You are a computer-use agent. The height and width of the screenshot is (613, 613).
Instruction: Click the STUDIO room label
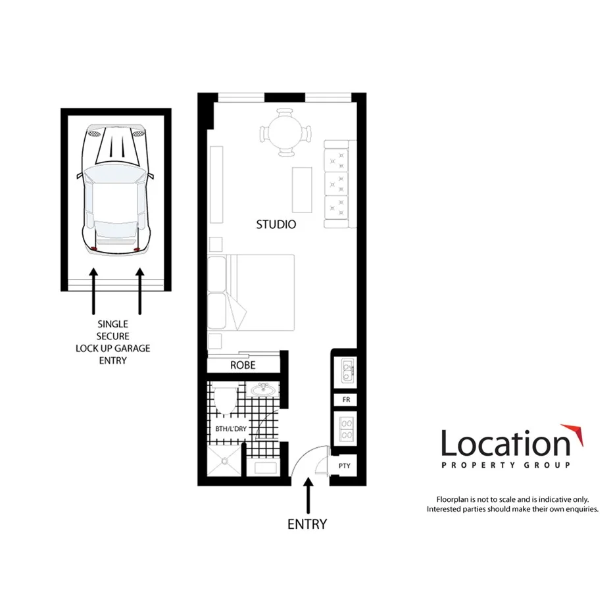pyautogui.click(x=276, y=224)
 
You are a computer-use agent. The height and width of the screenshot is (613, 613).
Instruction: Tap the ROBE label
pyautogui.click(x=243, y=365)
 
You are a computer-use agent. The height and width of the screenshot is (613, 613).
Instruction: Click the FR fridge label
pyautogui.click(x=345, y=400)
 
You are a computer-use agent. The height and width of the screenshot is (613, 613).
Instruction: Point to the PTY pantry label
pyautogui.click(x=344, y=466)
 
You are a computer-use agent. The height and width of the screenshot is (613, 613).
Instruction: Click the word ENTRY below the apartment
pyautogui.click(x=306, y=524)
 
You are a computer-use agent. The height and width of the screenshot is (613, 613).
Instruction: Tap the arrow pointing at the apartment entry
pyautogui.click(x=307, y=497)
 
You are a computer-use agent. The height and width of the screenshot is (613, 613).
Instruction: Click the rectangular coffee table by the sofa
pyautogui.click(x=303, y=189)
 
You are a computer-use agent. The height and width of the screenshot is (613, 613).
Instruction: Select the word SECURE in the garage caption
pyautogui.click(x=112, y=335)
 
